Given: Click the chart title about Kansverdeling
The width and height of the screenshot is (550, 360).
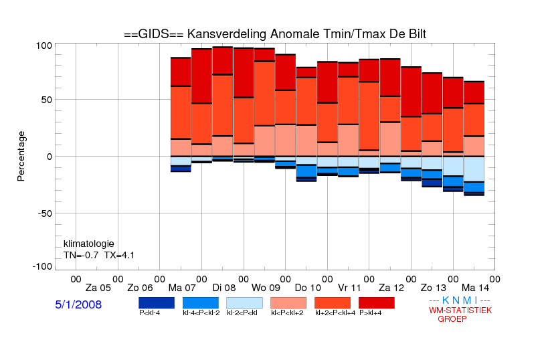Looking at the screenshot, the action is click(x=275, y=34).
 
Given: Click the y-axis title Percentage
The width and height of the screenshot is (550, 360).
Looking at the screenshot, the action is click(x=21, y=156).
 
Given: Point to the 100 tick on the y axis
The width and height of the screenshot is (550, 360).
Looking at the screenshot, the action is click(x=44, y=46).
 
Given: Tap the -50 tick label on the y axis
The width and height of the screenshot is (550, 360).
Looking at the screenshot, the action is click(x=45, y=213).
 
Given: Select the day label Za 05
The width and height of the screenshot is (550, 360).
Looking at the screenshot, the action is click(x=98, y=288).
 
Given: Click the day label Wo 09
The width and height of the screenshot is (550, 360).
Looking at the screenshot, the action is click(x=266, y=288).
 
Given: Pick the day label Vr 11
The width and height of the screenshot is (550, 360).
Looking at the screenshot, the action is click(x=349, y=288).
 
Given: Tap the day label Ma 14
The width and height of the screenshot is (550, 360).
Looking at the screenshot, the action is click(x=475, y=288).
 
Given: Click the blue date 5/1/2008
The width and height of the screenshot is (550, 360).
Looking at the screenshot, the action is click(x=78, y=304).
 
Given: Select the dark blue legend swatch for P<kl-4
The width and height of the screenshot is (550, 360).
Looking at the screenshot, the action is click(x=157, y=303).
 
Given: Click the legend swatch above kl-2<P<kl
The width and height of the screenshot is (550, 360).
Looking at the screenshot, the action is click(x=244, y=303).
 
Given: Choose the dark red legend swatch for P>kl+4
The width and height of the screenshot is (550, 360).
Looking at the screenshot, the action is click(x=377, y=303).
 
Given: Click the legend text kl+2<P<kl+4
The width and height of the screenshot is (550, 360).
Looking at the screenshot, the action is click(x=335, y=313).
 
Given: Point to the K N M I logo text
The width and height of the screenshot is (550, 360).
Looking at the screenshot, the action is click(x=460, y=300).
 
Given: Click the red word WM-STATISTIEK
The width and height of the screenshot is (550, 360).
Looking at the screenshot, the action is click(x=460, y=310).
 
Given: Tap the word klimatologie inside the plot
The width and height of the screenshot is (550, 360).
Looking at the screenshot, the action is click(x=89, y=244).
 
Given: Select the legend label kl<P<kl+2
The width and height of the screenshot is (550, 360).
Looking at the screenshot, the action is click(x=287, y=313).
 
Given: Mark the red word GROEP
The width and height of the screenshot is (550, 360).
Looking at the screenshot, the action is click(x=452, y=319).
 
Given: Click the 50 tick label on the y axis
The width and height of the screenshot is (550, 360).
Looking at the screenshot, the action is click(x=47, y=100).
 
